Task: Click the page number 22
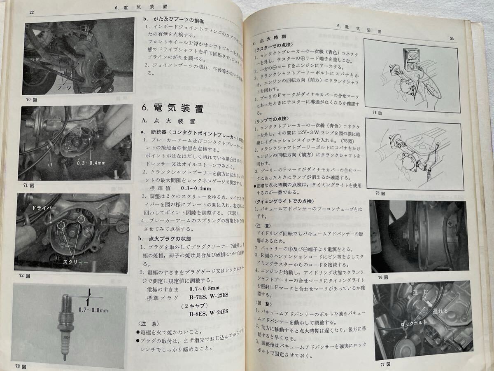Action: [31, 12]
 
